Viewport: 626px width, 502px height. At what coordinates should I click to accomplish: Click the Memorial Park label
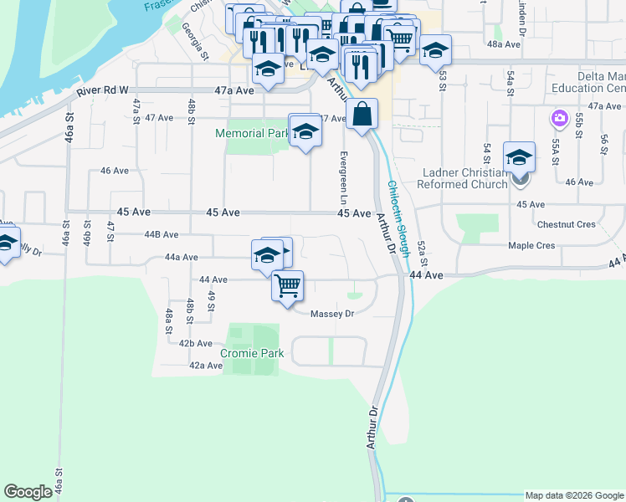(251, 133)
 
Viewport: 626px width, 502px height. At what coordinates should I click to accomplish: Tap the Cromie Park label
(252, 353)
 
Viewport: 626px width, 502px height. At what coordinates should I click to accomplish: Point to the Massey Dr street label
(332, 314)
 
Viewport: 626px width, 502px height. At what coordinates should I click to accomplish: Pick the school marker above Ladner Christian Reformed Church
(519, 156)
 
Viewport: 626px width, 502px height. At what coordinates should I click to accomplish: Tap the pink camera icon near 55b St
(558, 119)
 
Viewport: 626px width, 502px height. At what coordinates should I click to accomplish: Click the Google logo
(28, 492)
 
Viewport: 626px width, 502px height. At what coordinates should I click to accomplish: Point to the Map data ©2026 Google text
(574, 495)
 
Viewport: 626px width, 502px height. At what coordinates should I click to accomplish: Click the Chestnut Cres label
(567, 224)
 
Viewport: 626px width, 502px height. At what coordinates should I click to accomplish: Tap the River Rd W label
(102, 90)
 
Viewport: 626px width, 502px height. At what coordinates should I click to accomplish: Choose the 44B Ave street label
(162, 235)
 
